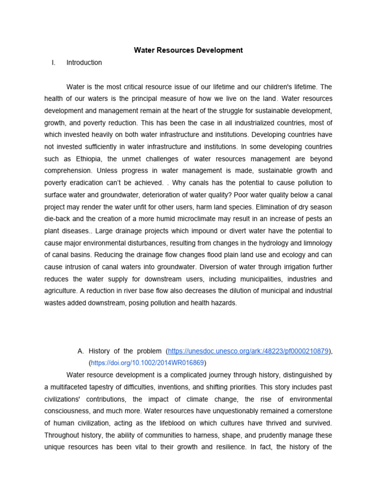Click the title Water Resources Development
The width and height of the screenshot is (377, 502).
[x=188, y=50]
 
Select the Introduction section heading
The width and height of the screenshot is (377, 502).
[x=84, y=62]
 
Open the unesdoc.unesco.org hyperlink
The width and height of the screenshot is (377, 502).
[x=248, y=351]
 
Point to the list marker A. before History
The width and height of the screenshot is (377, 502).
[x=81, y=351]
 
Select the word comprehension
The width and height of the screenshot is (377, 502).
[x=69, y=171]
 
